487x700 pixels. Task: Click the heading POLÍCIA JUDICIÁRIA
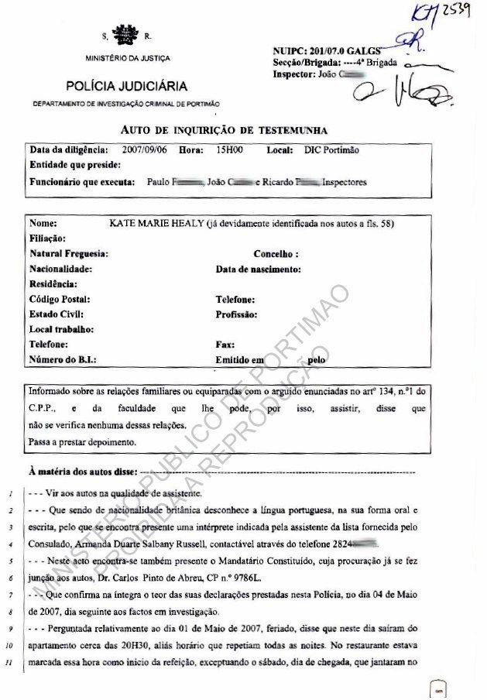pyautogui.click(x=126, y=86)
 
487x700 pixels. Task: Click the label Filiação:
pyautogui.click(x=48, y=239)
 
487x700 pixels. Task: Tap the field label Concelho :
pyautogui.click(x=276, y=254)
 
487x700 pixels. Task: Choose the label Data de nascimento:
pyautogui.click(x=258, y=269)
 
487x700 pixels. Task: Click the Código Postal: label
pyautogui.click(x=60, y=299)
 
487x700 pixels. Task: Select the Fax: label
pyautogui.click(x=225, y=344)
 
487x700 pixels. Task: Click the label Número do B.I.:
pyautogui.click(x=63, y=359)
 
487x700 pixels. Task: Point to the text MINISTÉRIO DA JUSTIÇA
pyautogui.click(x=129, y=59)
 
